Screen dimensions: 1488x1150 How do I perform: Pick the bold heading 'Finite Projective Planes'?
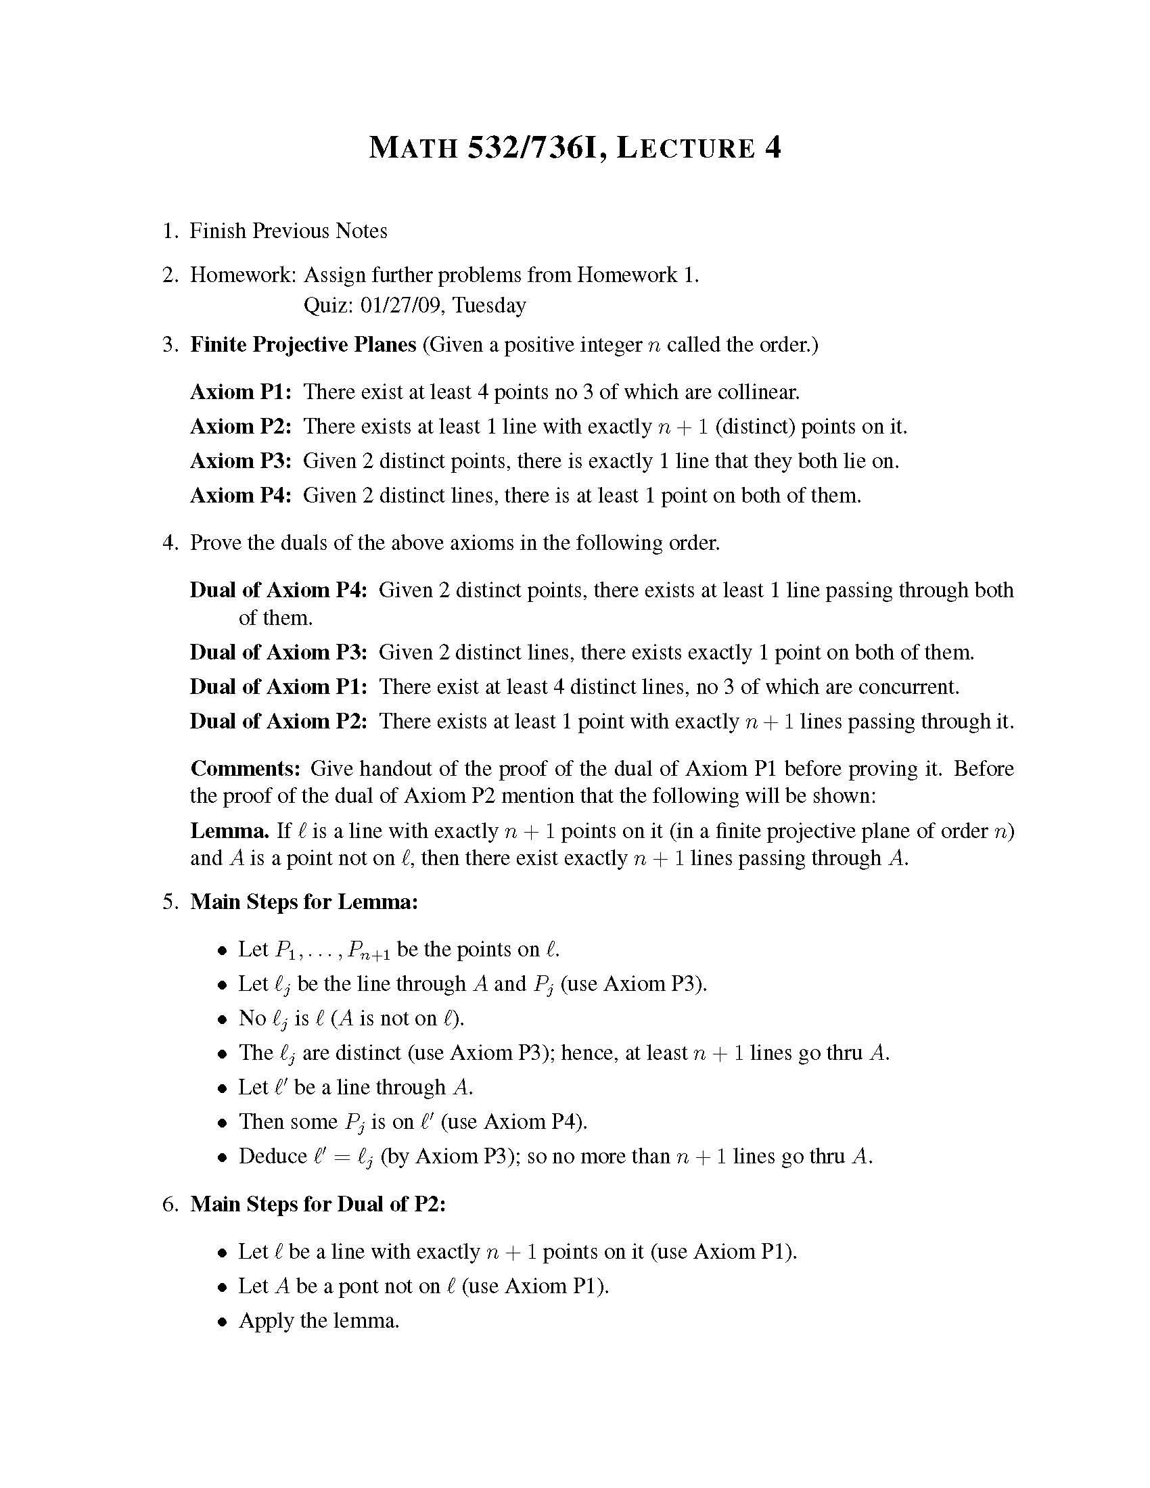(302, 345)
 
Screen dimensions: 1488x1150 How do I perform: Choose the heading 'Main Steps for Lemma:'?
(304, 902)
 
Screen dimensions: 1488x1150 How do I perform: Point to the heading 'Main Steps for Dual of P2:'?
(317, 1204)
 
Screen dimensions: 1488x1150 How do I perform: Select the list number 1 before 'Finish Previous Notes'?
(168, 231)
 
